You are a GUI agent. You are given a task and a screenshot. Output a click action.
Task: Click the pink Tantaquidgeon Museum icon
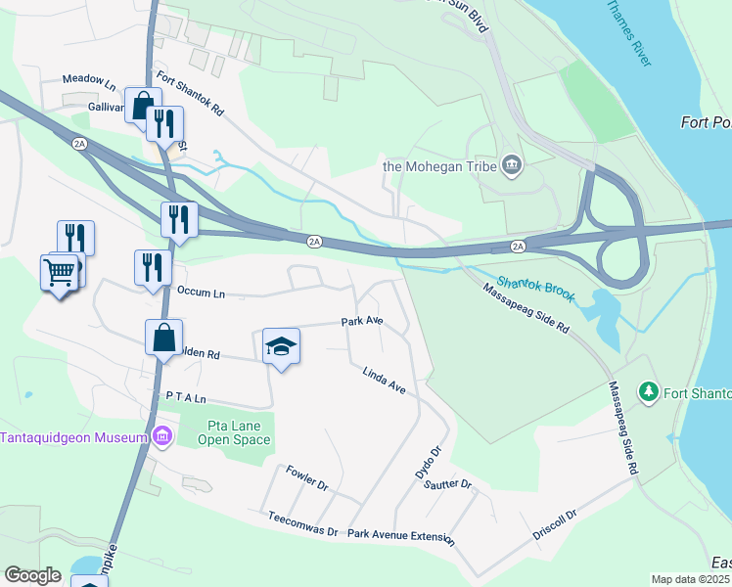point(162,436)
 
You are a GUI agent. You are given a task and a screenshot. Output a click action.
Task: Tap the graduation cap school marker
point(281,346)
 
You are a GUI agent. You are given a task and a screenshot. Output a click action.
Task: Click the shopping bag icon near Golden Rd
point(163,338)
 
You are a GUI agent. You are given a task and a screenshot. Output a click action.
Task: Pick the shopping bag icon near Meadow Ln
point(143,103)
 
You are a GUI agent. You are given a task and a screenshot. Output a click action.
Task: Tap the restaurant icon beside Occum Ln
point(152,266)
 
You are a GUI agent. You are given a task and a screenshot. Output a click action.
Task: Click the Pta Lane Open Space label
point(239,432)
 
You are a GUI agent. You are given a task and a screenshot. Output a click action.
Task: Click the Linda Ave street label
point(384,381)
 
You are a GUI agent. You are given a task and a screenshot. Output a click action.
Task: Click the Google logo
point(32,575)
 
